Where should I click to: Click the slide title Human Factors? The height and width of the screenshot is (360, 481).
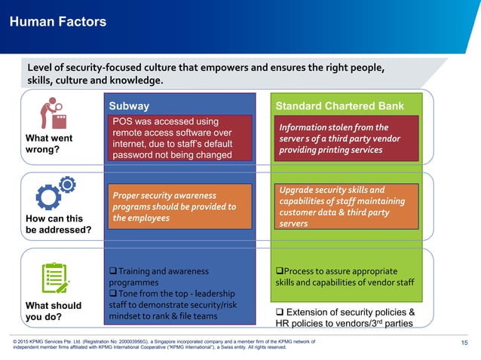(57, 22)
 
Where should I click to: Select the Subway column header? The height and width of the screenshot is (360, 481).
(130, 106)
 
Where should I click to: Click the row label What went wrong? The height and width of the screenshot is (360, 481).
(49, 143)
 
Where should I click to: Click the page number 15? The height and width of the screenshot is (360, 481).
(464, 344)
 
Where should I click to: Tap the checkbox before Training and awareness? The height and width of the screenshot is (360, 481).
(114, 270)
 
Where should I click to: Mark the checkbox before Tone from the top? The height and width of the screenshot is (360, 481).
(114, 293)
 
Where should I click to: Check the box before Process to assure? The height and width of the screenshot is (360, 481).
(279, 270)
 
